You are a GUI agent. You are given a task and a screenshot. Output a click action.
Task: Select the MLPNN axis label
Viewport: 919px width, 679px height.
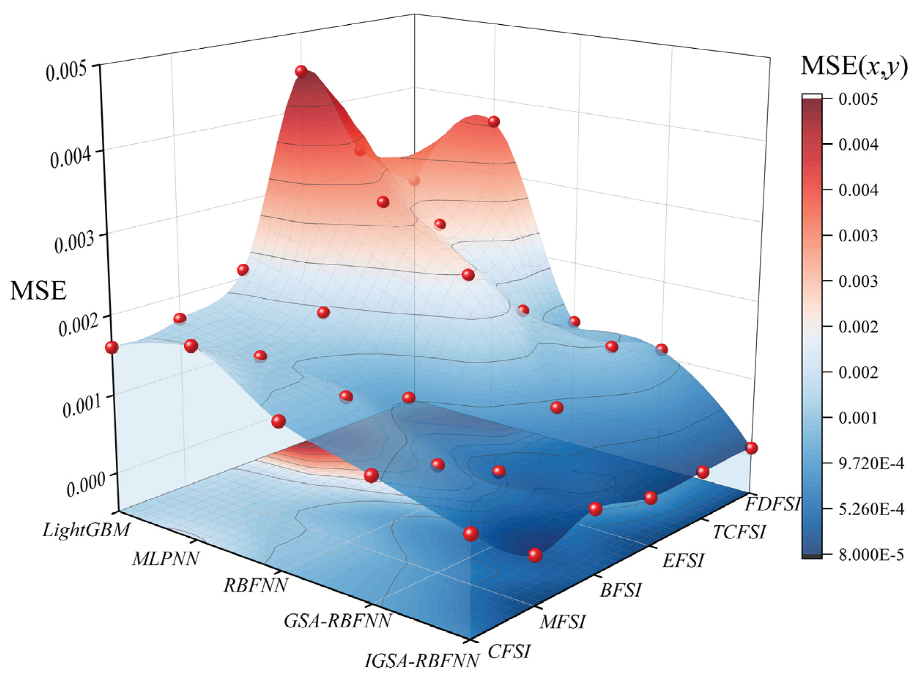tap(166, 559)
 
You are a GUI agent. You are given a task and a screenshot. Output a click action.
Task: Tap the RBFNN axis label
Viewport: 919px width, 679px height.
tap(255, 585)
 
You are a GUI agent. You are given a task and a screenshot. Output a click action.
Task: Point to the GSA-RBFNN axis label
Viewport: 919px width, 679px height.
tap(337, 621)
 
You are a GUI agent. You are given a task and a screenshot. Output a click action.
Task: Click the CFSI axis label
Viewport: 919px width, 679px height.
tap(508, 652)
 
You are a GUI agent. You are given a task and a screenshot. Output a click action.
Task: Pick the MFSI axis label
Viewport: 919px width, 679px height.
tap(562, 622)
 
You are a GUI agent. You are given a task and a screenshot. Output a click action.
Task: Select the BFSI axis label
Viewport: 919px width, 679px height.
tap(620, 591)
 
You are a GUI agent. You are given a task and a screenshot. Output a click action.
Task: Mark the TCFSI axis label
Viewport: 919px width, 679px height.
tap(738, 532)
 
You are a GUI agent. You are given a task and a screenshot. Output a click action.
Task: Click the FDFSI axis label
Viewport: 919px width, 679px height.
tap(772, 504)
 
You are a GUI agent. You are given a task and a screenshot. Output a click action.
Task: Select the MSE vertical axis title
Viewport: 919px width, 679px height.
tap(38, 291)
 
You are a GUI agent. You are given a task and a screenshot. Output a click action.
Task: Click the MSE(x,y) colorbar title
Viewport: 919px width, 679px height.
tap(854, 67)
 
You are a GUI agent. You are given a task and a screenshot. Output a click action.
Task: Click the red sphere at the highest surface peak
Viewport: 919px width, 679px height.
tap(301, 71)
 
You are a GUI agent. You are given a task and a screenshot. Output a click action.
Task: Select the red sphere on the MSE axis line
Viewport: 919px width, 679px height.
tap(111, 347)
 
